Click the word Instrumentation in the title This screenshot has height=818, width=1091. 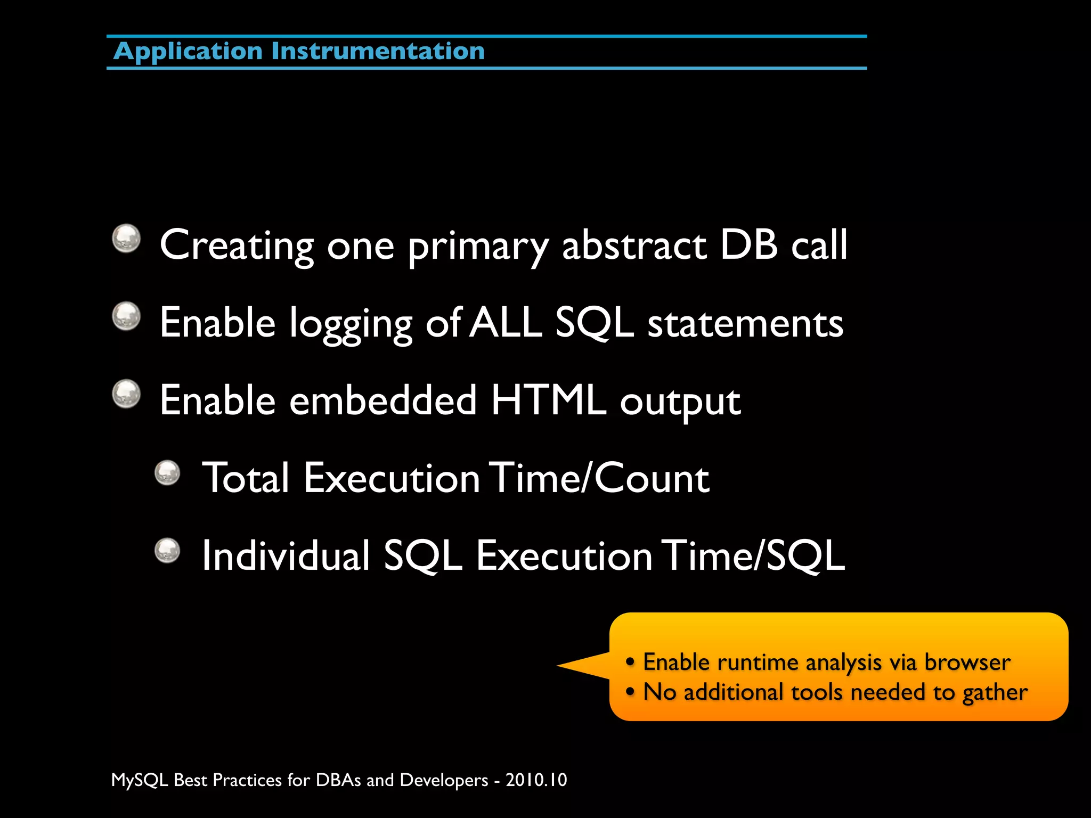(378, 52)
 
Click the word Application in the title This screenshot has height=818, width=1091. (188, 52)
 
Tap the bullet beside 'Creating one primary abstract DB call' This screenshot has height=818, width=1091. (126, 238)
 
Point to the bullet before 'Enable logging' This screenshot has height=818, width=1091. (126, 316)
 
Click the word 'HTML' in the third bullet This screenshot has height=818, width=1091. (549, 400)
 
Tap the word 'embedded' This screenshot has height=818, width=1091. (382, 400)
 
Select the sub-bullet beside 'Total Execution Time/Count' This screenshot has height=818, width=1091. (168, 473)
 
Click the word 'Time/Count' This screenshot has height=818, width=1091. (599, 478)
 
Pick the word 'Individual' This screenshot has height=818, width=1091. (286, 555)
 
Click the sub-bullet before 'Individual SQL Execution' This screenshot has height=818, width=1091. (168, 551)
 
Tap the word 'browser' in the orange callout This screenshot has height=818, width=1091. (967, 662)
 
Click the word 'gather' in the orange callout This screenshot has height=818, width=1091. (994, 692)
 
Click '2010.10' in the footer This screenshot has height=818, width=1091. (536, 780)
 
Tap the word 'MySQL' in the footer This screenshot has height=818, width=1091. (140, 780)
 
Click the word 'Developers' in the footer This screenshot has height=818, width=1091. (444, 780)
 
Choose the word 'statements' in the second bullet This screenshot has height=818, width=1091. (745, 323)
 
